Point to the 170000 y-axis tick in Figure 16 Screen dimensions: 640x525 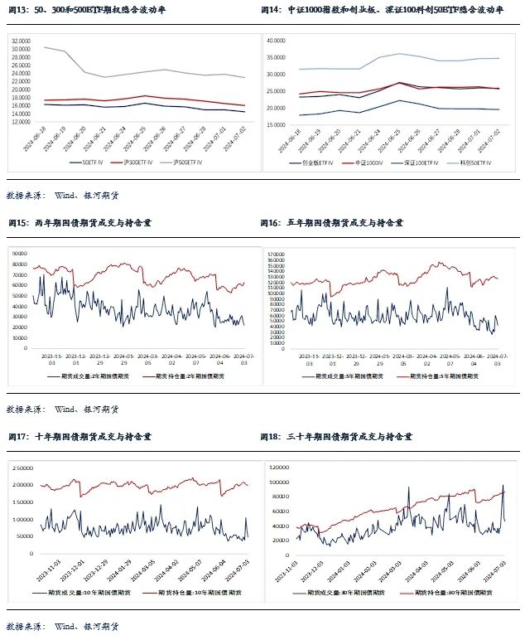pos(275,249)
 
